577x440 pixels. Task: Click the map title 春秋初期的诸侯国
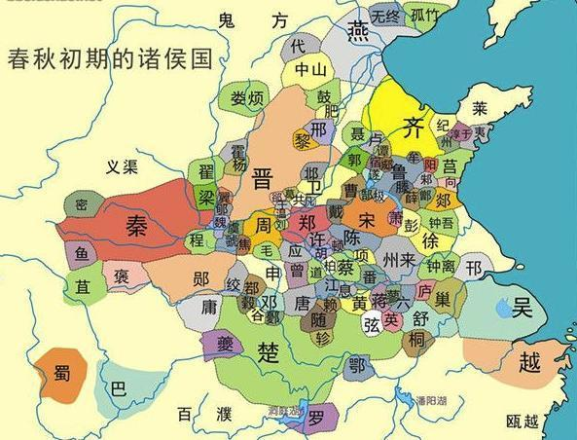click(110, 56)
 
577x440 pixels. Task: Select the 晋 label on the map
click(262, 178)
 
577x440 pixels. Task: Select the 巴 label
click(119, 387)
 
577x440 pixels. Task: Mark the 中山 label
click(312, 69)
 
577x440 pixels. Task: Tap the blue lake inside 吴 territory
click(502, 310)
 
